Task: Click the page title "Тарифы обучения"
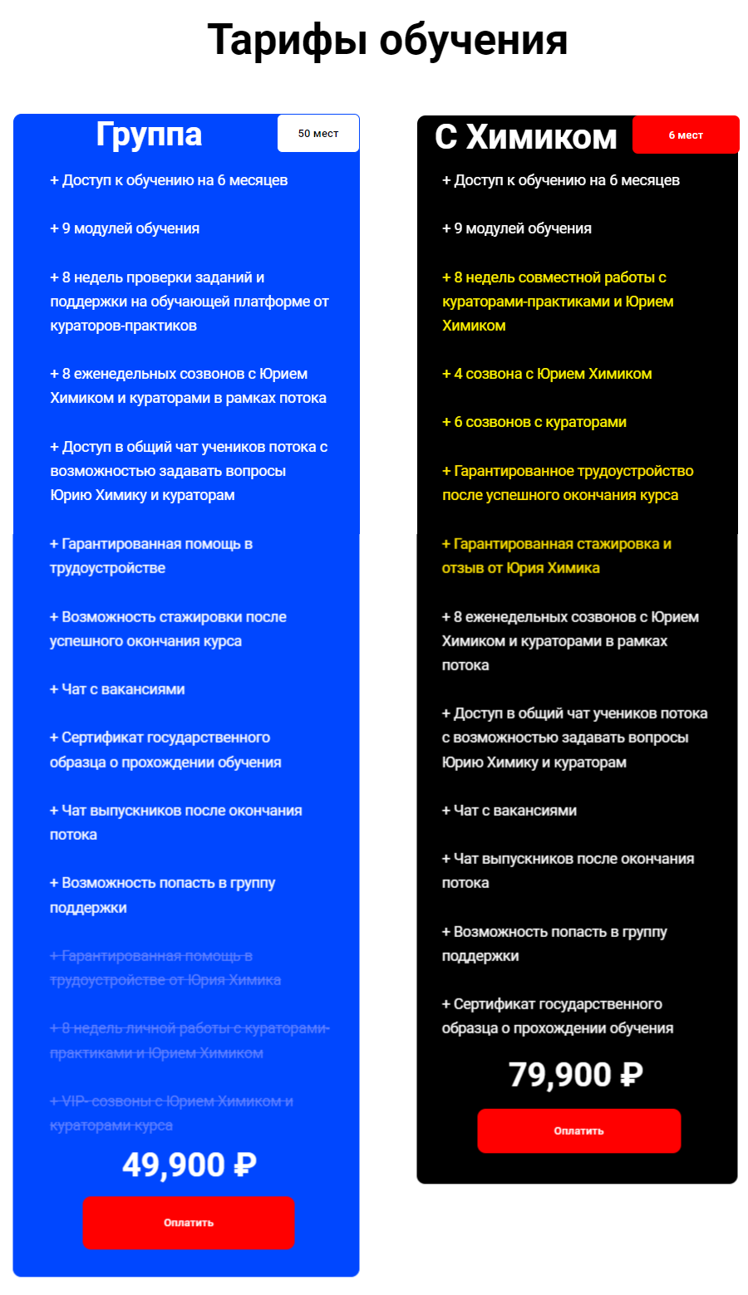click(387, 40)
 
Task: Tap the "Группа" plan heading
click(149, 134)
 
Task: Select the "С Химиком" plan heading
click(525, 137)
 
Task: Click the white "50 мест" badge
click(318, 134)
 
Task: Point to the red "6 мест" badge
click(686, 135)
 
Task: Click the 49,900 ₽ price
click(189, 1165)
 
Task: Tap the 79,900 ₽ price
click(576, 1075)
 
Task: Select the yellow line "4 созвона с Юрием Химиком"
click(547, 374)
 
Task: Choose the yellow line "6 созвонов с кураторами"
click(534, 422)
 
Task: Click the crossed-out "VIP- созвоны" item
click(171, 1113)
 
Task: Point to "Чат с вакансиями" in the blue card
click(117, 689)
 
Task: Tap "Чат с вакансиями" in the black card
click(509, 811)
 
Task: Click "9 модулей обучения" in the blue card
click(125, 228)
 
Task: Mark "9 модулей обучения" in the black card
click(517, 228)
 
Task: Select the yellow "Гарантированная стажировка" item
click(557, 556)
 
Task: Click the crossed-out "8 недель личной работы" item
click(189, 1041)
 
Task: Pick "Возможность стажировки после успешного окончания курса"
click(168, 629)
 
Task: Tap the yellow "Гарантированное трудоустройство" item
click(568, 483)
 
